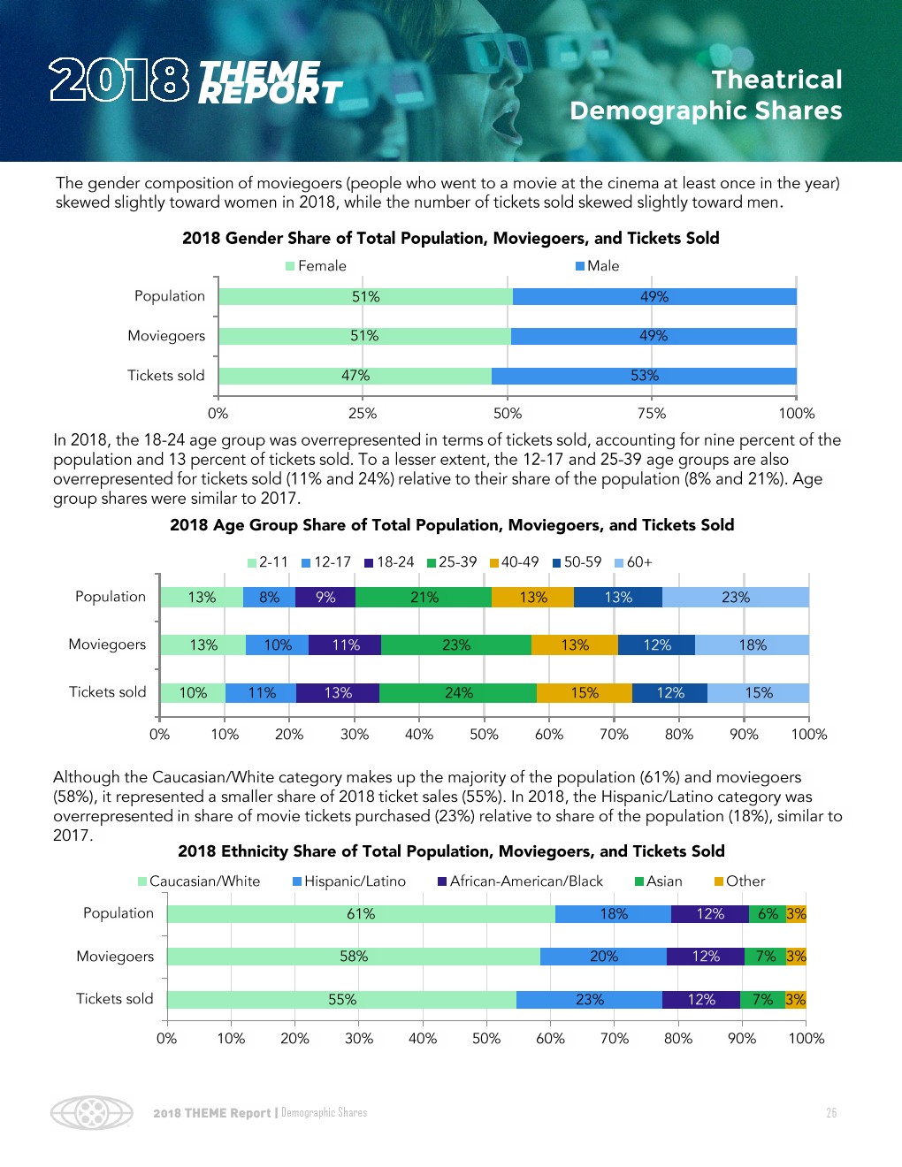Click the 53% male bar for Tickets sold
pos(644,376)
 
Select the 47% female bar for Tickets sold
pos(355,376)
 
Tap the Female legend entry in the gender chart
pos(317,266)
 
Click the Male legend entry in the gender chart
pos(598,266)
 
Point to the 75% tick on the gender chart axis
pos(652,413)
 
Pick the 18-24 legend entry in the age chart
pos(390,562)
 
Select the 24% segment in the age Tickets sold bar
pos(458,693)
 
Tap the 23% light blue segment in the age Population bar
pos(735,598)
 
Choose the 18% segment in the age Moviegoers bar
pos(752,645)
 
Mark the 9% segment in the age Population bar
pos(325,598)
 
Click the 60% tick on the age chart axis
pos(549,735)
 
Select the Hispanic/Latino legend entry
pos(349,881)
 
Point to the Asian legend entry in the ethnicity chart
pos(659,881)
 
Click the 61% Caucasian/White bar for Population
pos(361,914)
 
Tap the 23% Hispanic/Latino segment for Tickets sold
pos(590,1000)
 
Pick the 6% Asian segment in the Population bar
pos(768,914)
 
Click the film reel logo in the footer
pos(92,1112)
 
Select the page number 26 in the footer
pos(831,1113)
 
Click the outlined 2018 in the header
pos(119,80)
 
